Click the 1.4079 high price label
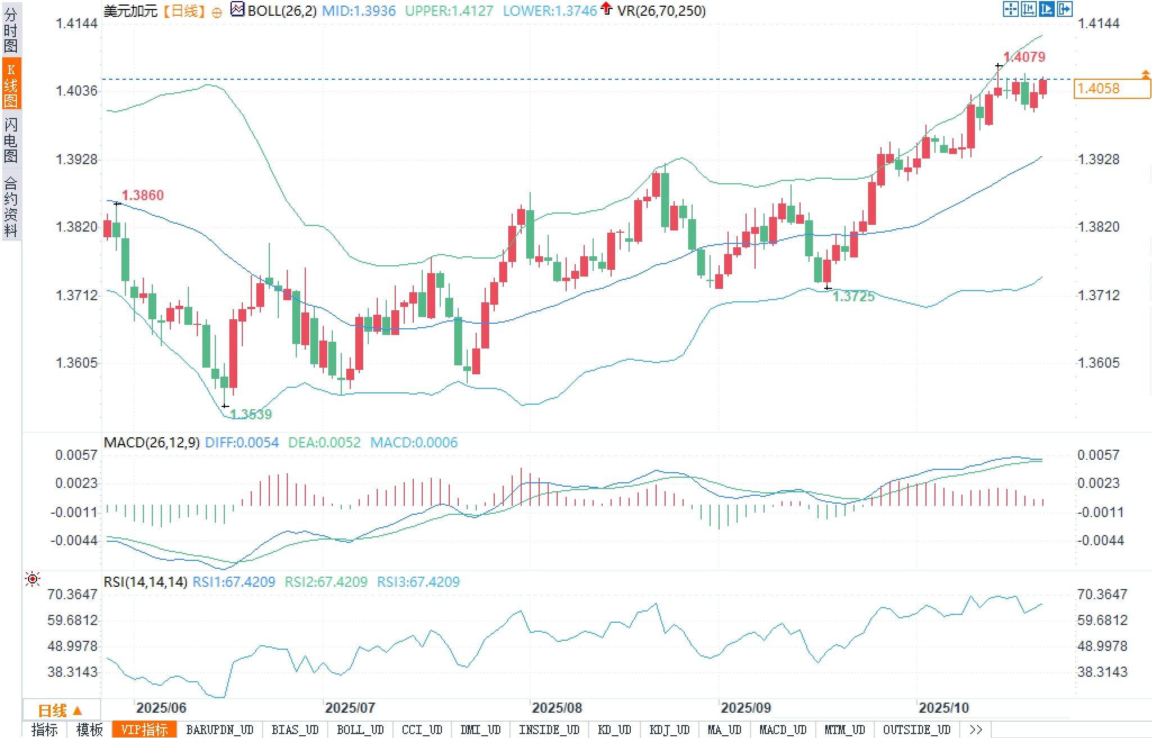pos(1024,57)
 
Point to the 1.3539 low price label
pos(251,414)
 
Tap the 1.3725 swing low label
pos(853,296)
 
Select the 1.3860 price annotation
pos(143,195)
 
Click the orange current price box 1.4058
pos(1112,89)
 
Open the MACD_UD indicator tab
pos(783,730)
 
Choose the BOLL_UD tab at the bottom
pos(360,730)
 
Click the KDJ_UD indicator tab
pos(669,730)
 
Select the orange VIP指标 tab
pos(144,730)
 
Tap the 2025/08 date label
pos(557,708)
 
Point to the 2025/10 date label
pos(943,708)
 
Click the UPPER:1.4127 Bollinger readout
pos(449,11)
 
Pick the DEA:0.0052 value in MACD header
pos(324,442)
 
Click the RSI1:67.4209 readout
pos(234,582)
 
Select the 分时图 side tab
pos(11,30)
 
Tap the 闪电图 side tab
pos(11,139)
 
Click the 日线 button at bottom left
pos(61,710)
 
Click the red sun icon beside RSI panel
pos(33,579)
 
